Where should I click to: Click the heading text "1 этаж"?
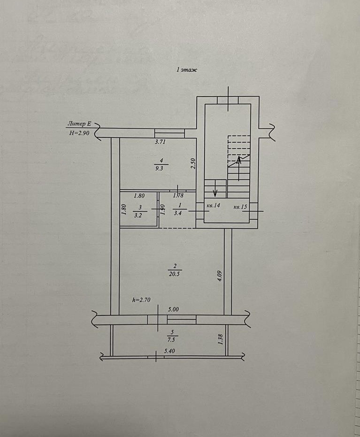pos(186,70)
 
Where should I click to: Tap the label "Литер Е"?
pos(78,124)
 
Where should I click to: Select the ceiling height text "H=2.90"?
pos(78,133)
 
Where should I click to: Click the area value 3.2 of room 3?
pos(138,216)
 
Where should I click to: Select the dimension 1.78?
pos(178,196)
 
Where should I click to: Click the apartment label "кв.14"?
pos(214,205)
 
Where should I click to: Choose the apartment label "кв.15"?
pos(240,206)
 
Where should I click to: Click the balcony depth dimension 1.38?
pos(220,339)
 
